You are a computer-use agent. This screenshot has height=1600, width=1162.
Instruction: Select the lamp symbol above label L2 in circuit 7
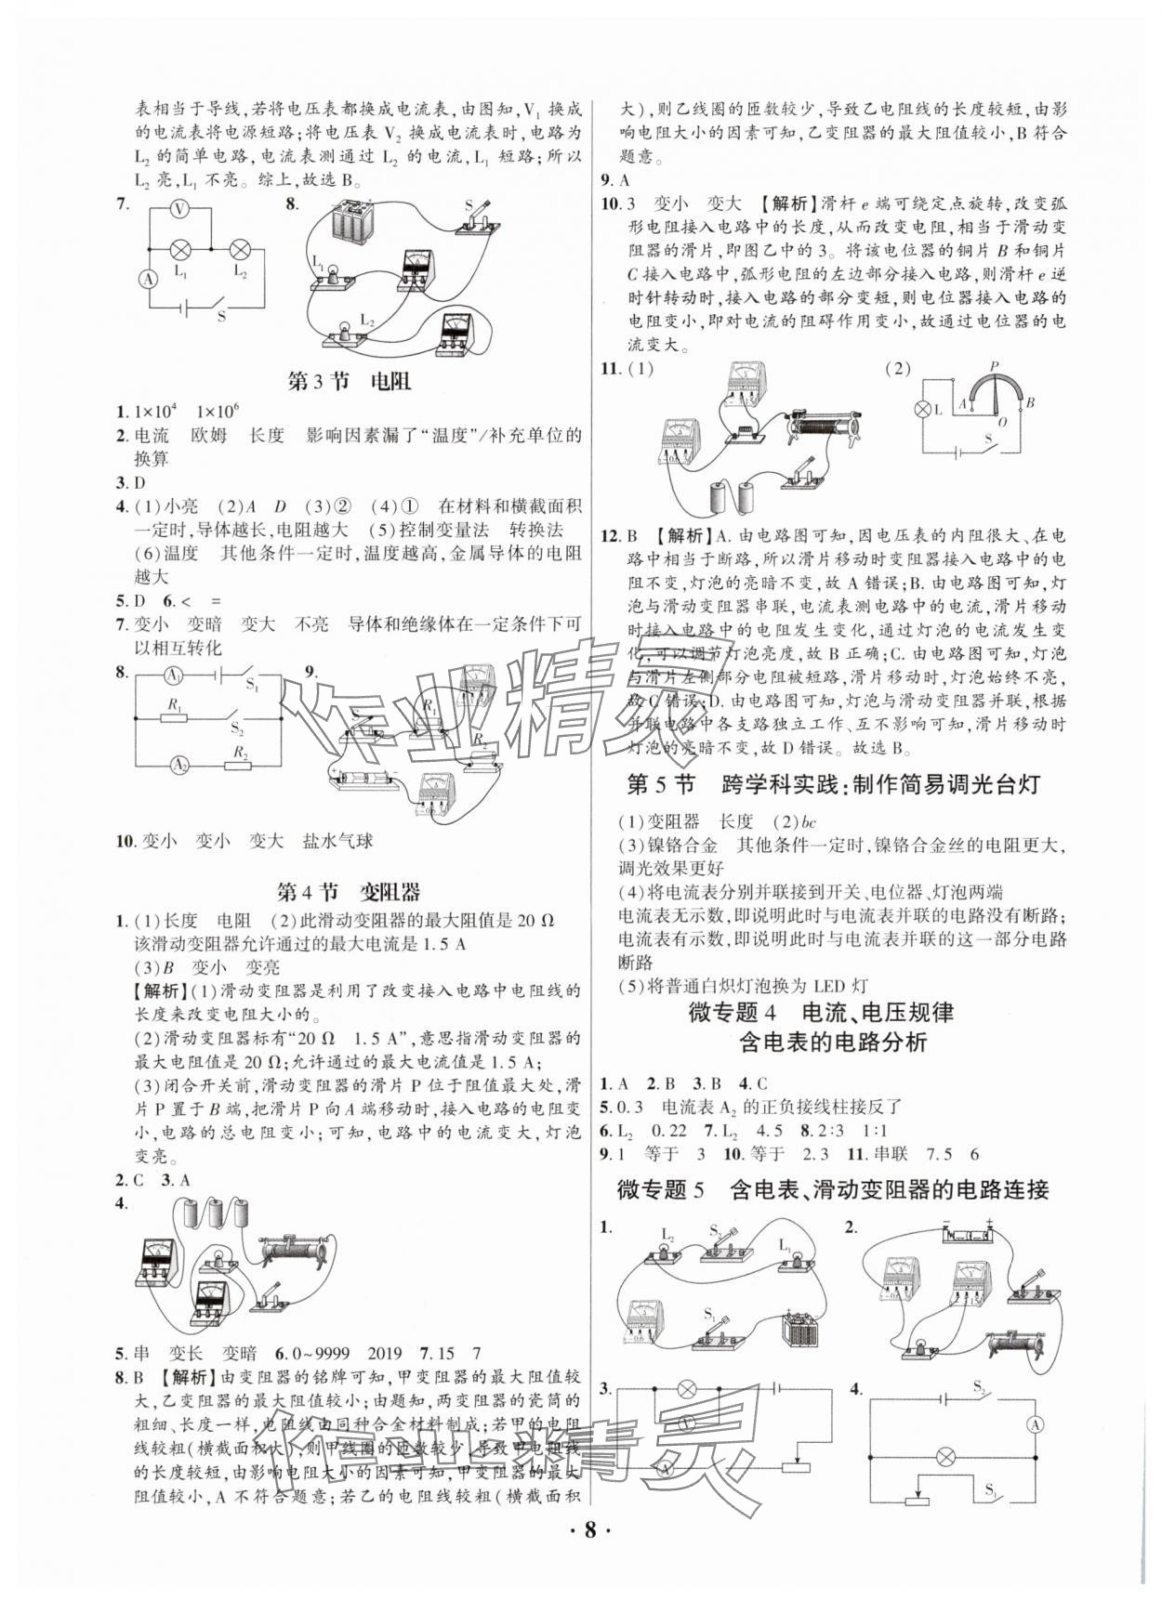pyautogui.click(x=240, y=248)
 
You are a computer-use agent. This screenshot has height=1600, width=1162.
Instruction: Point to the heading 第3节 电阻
pyautogui.click(x=349, y=381)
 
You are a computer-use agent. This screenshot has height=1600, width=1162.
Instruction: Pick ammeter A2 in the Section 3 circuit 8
pyautogui.click(x=178, y=765)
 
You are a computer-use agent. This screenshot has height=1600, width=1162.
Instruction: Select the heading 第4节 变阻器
pyautogui.click(x=349, y=892)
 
